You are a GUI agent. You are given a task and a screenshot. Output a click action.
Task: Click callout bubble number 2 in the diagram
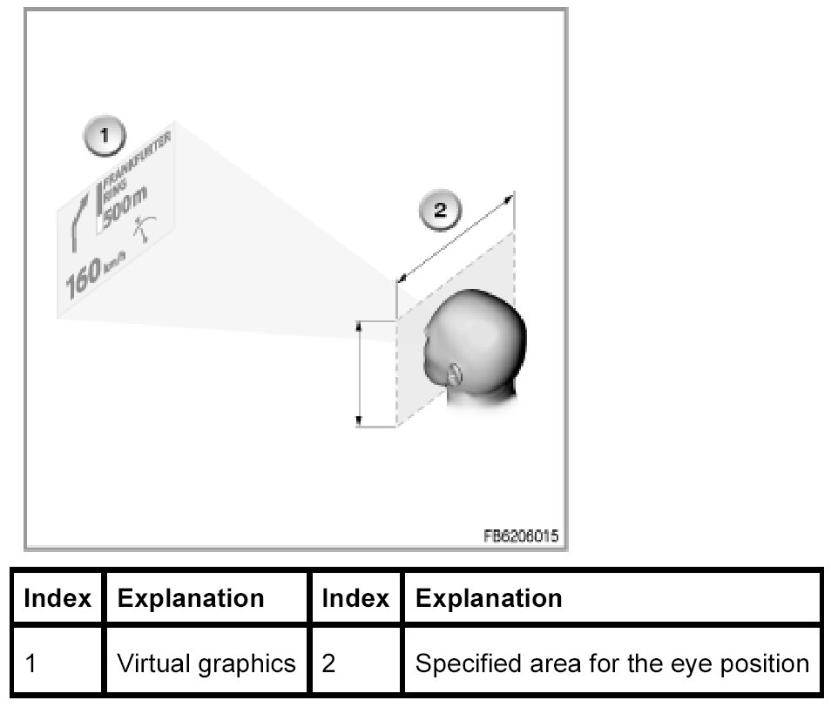(x=440, y=210)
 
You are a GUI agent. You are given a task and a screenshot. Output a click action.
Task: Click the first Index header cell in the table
(x=57, y=598)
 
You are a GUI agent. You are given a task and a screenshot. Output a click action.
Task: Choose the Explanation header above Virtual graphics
(x=191, y=598)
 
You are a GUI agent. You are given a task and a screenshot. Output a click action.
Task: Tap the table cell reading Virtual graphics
(x=206, y=663)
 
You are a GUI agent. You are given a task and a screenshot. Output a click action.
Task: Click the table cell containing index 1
(x=57, y=663)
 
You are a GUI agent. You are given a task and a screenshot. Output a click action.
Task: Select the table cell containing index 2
(x=355, y=663)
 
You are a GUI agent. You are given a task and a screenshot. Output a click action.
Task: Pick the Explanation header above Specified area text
(x=489, y=598)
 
